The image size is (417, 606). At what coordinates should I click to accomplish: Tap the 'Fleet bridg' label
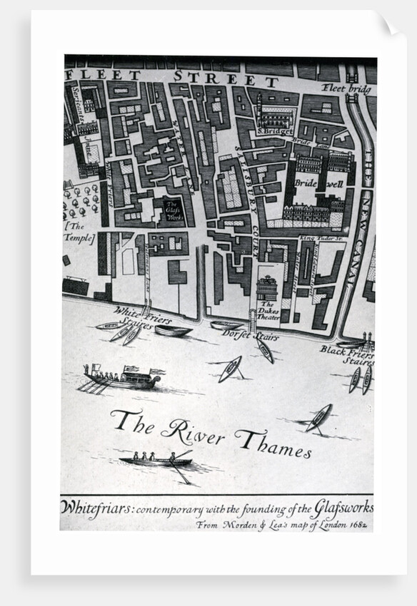(347, 88)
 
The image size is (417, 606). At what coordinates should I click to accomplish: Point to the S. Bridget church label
(275, 131)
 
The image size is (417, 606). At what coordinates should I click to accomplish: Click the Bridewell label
(319, 183)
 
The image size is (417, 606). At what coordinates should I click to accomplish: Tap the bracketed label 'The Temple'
(79, 232)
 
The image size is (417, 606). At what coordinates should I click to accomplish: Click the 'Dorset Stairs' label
(249, 335)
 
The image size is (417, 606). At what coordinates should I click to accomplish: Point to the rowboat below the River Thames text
(156, 460)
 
